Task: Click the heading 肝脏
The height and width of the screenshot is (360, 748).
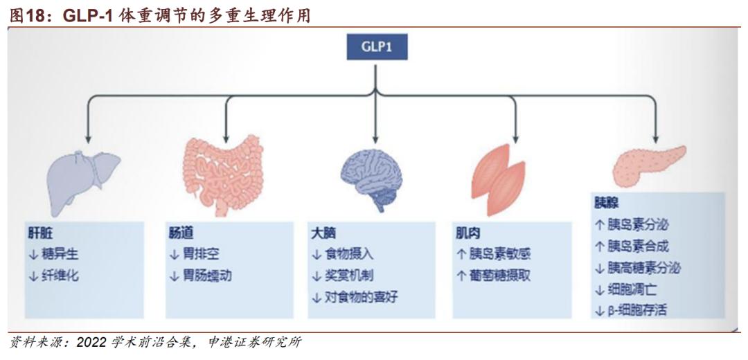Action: click(41, 233)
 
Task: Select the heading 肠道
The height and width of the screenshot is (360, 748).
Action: click(181, 233)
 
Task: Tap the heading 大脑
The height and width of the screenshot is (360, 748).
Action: click(324, 233)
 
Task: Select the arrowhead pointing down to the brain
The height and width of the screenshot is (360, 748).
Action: click(374, 136)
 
